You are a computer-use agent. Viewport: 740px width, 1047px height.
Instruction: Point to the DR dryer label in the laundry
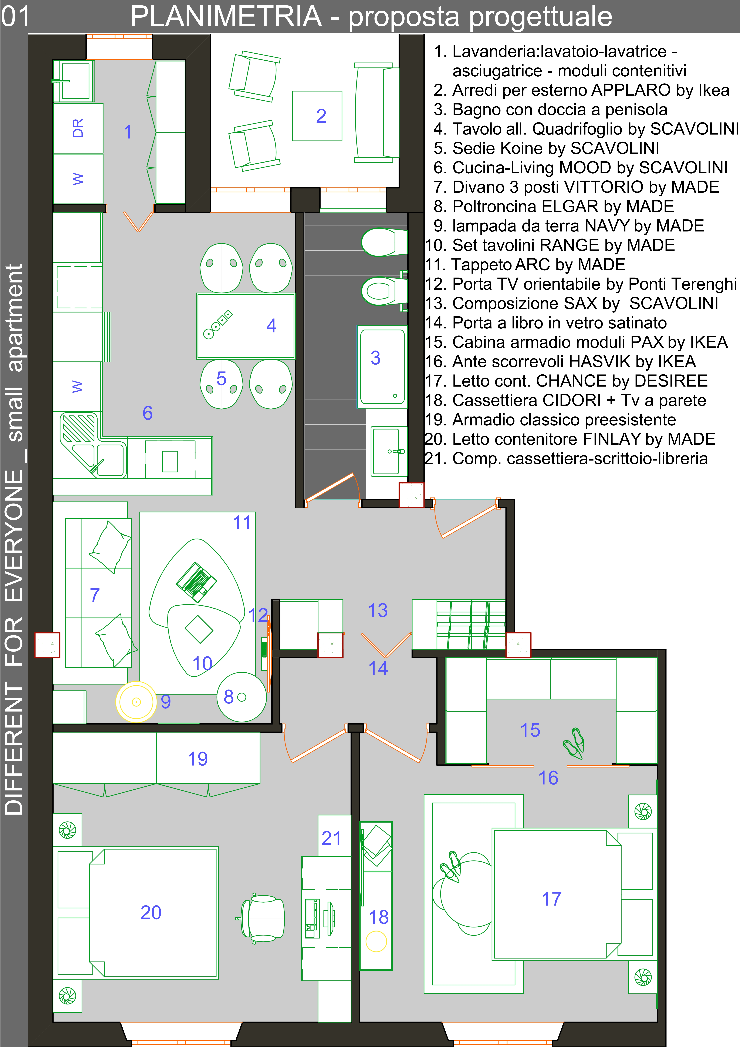[78, 128]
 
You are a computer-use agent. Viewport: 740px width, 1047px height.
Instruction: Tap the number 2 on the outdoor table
[321, 116]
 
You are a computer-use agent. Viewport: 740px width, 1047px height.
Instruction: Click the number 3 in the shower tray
[375, 358]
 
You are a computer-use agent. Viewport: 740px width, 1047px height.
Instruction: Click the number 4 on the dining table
[271, 326]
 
